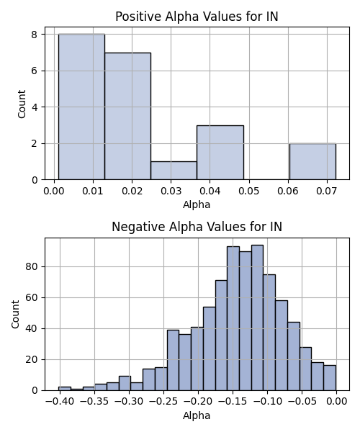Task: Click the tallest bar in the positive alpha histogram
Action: (81, 107)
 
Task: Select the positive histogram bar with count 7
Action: (128, 116)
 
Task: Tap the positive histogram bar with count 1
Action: (174, 171)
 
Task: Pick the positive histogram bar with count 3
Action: (220, 153)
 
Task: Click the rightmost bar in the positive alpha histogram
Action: (312, 161)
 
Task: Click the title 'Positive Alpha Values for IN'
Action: (197, 17)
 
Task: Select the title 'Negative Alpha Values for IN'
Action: (197, 227)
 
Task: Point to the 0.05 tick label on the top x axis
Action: (249, 191)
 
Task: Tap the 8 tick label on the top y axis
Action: (35, 35)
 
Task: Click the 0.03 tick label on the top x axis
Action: (171, 191)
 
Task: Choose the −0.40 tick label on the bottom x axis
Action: (60, 402)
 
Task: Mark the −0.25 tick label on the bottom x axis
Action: (163, 402)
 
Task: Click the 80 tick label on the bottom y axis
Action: (32, 267)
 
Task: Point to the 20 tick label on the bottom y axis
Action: (32, 360)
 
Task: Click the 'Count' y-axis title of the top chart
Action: (22, 104)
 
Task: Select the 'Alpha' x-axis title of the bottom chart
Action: (197, 415)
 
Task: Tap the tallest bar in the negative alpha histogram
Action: (257, 318)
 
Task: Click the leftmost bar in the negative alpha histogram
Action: (65, 389)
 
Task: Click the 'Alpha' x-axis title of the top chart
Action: (197, 204)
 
